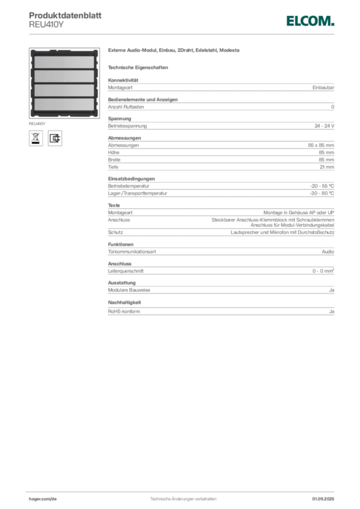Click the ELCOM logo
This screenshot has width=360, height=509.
click(x=310, y=21)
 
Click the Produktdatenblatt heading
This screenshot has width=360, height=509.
click(x=65, y=15)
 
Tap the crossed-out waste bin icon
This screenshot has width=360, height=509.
click(x=36, y=138)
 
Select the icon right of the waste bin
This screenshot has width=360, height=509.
click(x=55, y=138)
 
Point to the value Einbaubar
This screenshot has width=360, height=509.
click(x=323, y=87)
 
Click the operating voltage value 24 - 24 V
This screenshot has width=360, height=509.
click(x=324, y=126)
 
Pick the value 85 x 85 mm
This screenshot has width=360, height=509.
click(x=321, y=145)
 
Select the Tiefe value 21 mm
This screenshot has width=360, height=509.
click(x=327, y=167)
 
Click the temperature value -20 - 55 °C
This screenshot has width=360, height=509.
click(x=322, y=186)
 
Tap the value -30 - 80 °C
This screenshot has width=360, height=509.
click(x=322, y=193)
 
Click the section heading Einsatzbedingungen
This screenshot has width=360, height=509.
click(x=131, y=178)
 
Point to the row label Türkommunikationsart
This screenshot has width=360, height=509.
click(x=132, y=252)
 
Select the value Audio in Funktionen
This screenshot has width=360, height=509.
click(x=328, y=252)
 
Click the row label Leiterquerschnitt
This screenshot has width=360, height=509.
click(x=126, y=271)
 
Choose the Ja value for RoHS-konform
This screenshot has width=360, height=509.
click(x=332, y=311)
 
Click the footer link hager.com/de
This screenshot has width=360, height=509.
click(x=43, y=499)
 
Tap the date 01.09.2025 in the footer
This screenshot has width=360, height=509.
click(x=323, y=499)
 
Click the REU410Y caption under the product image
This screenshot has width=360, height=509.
click(x=37, y=124)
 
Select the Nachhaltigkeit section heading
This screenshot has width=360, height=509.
click(x=124, y=302)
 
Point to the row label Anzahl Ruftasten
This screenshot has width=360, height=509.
click(x=126, y=107)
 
